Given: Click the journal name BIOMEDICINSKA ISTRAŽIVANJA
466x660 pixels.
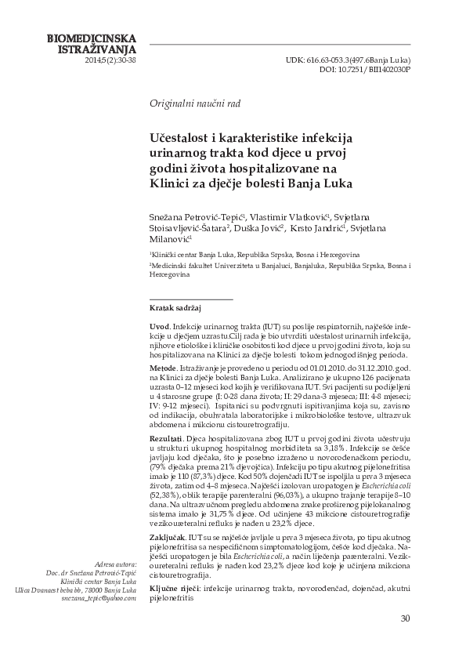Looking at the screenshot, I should click(92, 42).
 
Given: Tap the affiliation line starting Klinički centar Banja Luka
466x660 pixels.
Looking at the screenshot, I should click(254, 255).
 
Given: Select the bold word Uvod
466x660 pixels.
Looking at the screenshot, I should click(159, 325).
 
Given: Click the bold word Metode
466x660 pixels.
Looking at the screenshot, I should click(162, 367).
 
